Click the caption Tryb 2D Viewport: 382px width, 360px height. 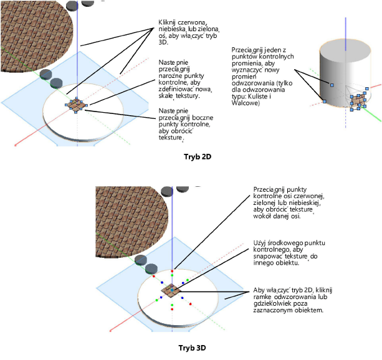click(x=198, y=156)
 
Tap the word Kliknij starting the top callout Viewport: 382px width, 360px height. click(x=171, y=20)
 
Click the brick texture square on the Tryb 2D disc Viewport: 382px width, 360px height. click(x=77, y=106)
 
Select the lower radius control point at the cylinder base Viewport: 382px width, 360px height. click(x=323, y=101)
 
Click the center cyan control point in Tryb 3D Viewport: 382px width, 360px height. click(x=171, y=290)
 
